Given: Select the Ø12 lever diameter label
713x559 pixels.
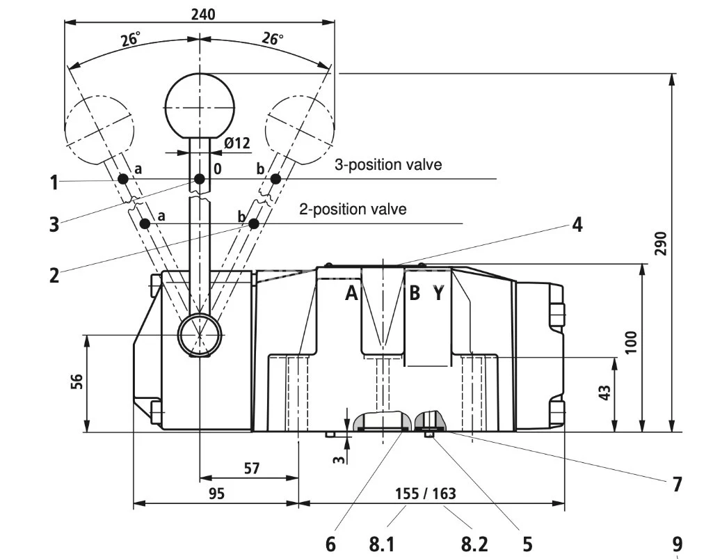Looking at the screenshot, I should (x=237, y=143).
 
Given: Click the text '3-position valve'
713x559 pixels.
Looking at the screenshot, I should (x=388, y=166).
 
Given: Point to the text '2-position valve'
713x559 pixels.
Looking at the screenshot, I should (x=353, y=209).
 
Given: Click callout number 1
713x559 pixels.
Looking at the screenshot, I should (x=54, y=182).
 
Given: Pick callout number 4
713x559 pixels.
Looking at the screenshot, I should (x=577, y=225).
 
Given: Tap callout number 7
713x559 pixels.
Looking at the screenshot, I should (x=677, y=484).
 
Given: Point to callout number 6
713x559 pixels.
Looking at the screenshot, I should (x=330, y=542).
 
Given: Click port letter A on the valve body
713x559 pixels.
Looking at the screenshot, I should (x=352, y=294).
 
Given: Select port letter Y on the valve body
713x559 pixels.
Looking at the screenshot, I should (x=438, y=294).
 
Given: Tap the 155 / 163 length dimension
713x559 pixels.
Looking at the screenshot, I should (x=425, y=494).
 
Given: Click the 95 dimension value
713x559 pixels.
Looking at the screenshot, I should (x=216, y=494).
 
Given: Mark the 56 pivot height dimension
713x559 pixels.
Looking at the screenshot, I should (x=77, y=382).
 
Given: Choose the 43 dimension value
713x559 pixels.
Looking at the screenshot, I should (x=604, y=393).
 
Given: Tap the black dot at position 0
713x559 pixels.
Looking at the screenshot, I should (x=200, y=180).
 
